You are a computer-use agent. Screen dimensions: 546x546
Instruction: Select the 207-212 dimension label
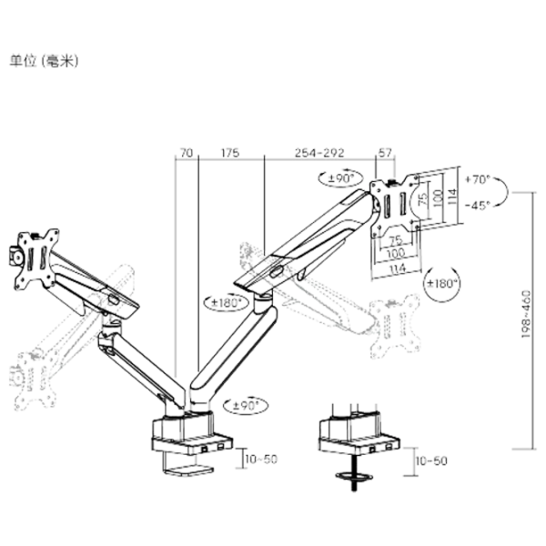[318, 154]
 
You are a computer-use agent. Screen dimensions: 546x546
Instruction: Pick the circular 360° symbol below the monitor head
[443, 284]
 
